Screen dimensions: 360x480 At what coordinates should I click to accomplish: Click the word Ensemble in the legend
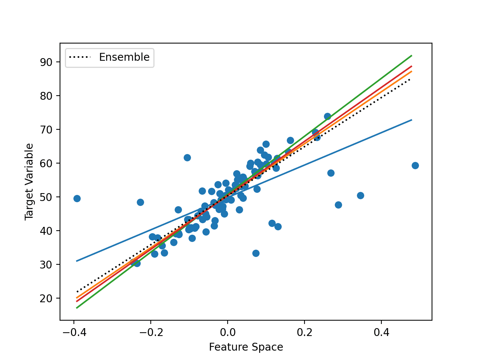pos(124,57)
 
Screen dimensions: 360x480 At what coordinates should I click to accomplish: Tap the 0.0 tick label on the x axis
pos(227,332)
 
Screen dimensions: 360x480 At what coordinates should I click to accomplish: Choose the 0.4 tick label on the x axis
pos(381,332)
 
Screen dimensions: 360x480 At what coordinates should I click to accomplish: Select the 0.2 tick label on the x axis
pos(304,332)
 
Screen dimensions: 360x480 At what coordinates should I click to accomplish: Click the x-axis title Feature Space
pos(246,347)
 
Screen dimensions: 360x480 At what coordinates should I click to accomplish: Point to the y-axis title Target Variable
pos(29,181)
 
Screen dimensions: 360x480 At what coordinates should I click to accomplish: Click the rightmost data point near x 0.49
pos(415,165)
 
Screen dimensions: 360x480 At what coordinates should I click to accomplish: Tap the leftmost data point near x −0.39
pos(77,198)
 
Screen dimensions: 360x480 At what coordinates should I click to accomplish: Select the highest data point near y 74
pos(327,116)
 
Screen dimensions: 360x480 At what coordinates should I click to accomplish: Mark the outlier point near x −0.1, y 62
pos(187,157)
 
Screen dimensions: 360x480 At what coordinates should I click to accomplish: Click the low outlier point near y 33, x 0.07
pos(256,253)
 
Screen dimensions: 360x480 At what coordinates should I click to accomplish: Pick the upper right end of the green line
pos(411,55)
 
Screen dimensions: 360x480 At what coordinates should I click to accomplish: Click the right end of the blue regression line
pos(411,120)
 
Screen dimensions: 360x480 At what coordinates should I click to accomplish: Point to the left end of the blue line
pos(76,261)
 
